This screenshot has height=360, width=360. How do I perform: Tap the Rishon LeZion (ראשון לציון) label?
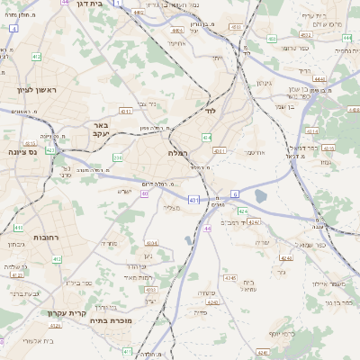pos(37,90)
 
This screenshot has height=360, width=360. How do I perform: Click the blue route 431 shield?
pos(194,198)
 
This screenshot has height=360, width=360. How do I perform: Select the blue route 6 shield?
pos(234,193)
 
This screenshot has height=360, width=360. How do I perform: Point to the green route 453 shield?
pos(271,39)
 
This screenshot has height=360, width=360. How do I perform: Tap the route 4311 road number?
pos(219,150)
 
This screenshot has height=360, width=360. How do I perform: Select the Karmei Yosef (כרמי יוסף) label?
pos(280,333)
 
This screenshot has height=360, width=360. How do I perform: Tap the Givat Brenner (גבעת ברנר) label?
pos(24,294)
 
